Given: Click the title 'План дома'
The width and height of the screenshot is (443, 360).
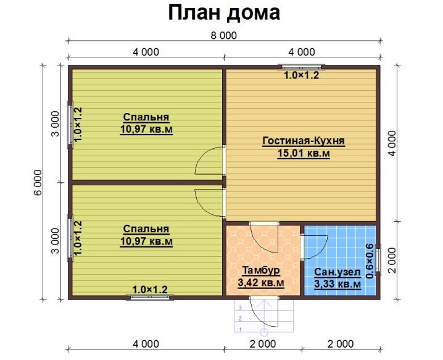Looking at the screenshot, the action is pos(224,13).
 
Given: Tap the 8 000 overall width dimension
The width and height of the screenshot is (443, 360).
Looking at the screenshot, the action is pos(224,36).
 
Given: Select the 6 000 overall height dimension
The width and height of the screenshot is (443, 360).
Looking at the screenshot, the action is pos(38,182).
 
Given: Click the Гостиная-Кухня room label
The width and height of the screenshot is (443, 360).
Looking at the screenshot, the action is pos(304,141).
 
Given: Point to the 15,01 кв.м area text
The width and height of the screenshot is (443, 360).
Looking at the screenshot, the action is pos(304,153).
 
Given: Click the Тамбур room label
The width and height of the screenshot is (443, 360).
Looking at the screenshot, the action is pos(261,270).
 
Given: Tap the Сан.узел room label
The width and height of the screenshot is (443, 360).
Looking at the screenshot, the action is pos(337,272).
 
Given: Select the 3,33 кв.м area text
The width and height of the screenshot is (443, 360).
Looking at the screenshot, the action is pos(337,284).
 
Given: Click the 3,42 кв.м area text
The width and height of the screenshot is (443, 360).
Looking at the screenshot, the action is pos(261,282).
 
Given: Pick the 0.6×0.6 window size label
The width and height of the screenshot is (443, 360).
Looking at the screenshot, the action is pos(370,261).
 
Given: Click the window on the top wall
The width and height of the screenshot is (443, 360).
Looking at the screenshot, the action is pos(301,67).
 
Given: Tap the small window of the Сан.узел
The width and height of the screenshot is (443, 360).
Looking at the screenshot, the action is pos(378,260).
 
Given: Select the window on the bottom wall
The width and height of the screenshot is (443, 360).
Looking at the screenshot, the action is pos(150,297).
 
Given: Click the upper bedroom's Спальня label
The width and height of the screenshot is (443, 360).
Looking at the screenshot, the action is pos(146,117).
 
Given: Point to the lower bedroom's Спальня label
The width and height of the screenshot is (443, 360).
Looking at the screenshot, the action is pos(146,229).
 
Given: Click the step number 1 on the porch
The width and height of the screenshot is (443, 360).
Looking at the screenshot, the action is pos(241,330).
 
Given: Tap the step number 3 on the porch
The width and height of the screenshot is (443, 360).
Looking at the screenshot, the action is pos(241,308).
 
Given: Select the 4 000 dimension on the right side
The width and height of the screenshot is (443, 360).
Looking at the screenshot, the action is pos(392,143).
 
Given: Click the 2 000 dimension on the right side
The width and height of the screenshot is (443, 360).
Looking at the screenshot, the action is pos(392,261).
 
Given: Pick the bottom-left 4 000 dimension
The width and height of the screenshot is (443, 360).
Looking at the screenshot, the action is pos(146,344).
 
